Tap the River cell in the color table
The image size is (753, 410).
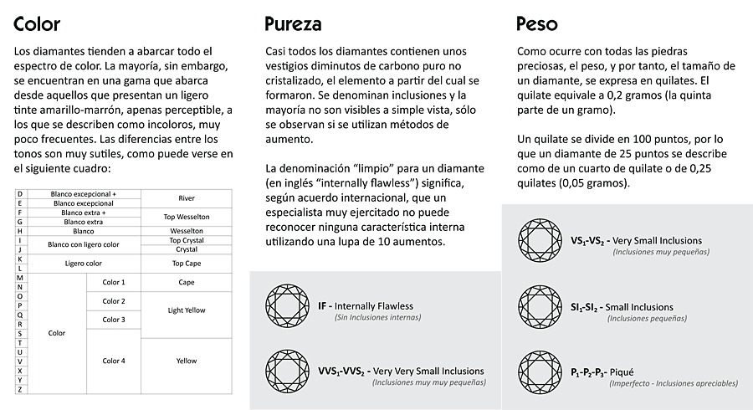click(187, 198)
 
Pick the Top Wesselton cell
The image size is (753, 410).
click(187, 217)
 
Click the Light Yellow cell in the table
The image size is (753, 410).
click(187, 310)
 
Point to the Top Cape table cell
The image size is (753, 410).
click(187, 263)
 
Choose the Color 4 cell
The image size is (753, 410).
click(114, 361)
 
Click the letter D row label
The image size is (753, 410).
click(19, 194)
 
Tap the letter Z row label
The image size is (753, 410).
click(19, 389)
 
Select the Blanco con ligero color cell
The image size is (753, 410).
click(83, 244)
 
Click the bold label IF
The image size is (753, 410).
click(322, 306)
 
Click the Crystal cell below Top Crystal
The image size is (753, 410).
click(187, 249)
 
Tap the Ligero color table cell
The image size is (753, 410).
click(83, 263)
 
